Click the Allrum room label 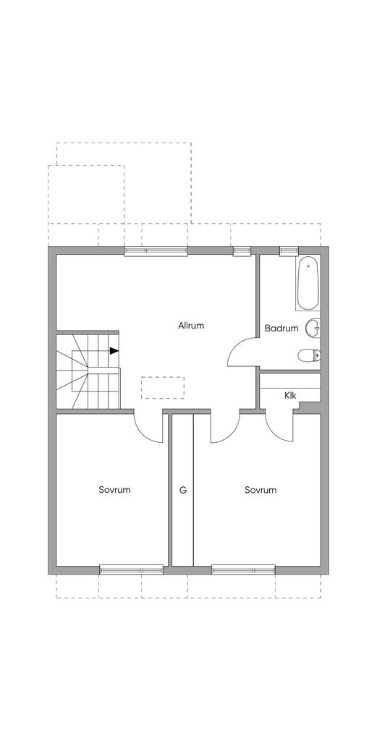pos(191,326)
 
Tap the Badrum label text pos(281,328)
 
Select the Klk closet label pos(290,396)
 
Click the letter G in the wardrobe pos(183,490)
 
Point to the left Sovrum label pos(114,490)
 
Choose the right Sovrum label pos(260,490)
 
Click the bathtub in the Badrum pos(308,283)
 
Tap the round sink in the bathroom pos(313,328)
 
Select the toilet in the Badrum pos(310,355)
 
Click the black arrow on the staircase pos(114,351)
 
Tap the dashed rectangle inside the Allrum pos(163,388)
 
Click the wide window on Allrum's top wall pos(156,250)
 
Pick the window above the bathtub pos(289,250)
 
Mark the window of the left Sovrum pos(132,569)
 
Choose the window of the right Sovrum pos(243,569)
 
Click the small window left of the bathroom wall pos(242,250)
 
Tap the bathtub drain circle pos(308,266)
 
